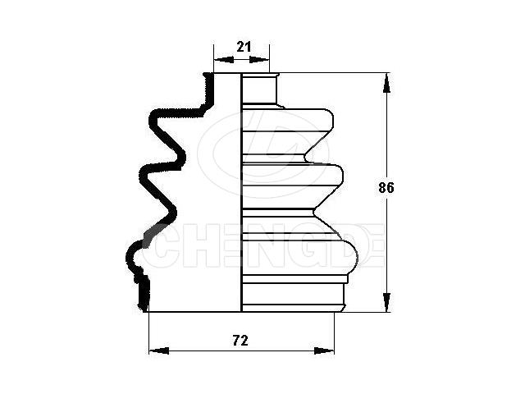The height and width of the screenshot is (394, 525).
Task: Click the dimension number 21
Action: (x=244, y=47)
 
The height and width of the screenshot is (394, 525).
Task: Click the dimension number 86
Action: (x=386, y=188)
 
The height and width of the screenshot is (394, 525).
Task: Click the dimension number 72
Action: (x=240, y=341)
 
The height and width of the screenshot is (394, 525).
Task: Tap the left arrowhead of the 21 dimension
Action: (x=224, y=60)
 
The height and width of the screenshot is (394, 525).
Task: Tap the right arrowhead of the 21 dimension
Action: (x=259, y=60)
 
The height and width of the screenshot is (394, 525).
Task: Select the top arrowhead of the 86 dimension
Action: (x=386, y=82)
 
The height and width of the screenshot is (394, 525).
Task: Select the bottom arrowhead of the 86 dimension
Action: (x=386, y=302)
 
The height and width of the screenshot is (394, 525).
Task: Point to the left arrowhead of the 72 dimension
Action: (x=158, y=350)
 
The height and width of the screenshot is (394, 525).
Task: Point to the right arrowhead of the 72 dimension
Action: (x=324, y=350)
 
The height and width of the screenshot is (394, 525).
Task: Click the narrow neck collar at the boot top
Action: (x=260, y=89)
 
